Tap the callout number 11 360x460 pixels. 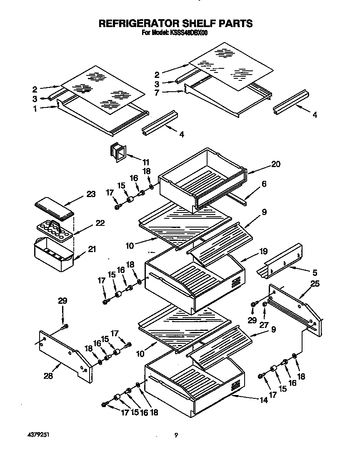tap(146, 162)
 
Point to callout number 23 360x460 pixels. tap(91, 194)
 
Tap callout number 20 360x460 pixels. tap(275, 164)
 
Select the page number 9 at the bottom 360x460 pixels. tap(176, 435)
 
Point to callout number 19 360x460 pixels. tap(263, 252)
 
